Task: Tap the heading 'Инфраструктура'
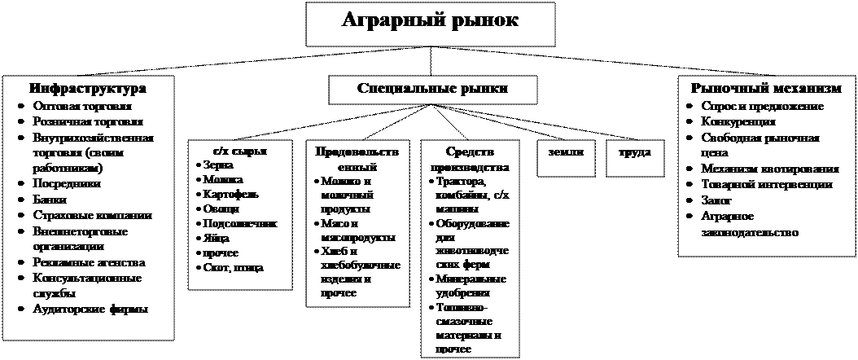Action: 88,89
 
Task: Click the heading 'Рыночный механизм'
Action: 766,89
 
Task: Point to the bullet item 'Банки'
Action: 51,200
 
